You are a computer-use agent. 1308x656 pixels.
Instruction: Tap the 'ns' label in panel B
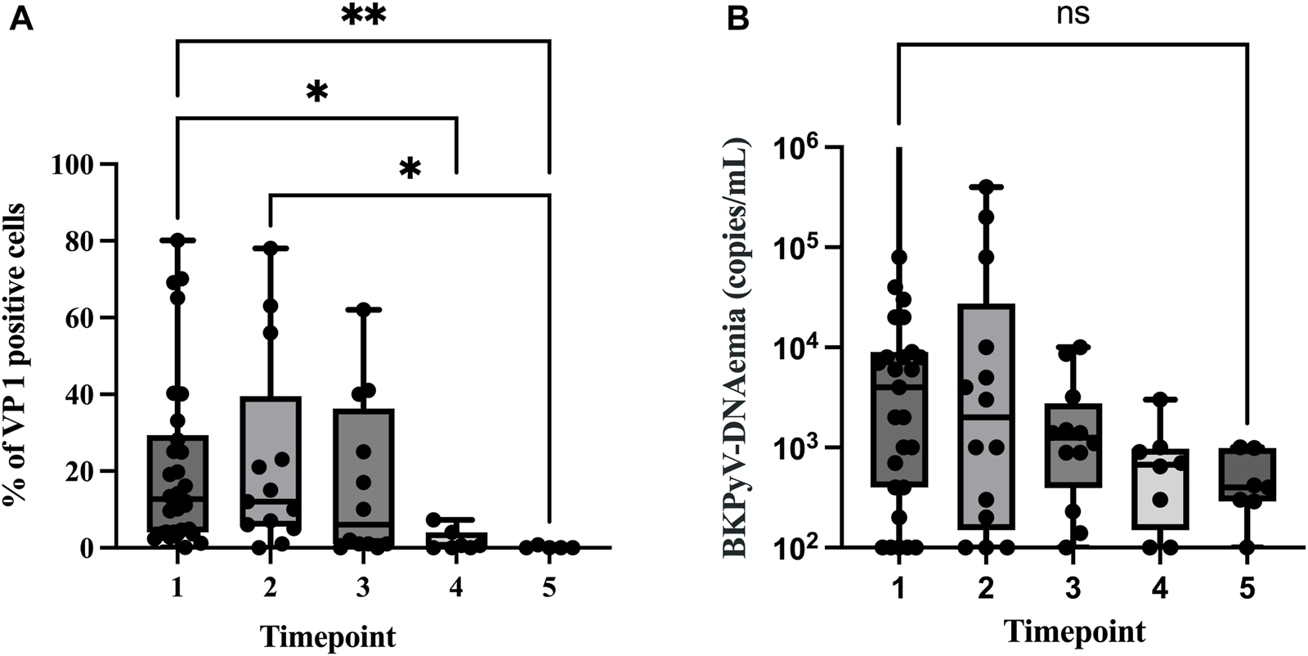[1073, 15]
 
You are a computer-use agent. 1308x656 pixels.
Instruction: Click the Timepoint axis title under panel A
[328, 636]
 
